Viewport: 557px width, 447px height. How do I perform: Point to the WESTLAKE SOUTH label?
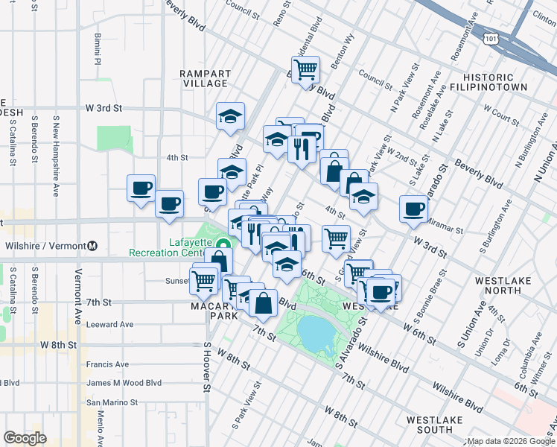tap(435, 425)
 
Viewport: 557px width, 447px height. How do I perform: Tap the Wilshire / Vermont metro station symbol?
tap(93, 246)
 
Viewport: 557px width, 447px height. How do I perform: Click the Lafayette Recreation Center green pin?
tap(223, 243)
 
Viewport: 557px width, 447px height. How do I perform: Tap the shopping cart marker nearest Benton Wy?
tap(305, 70)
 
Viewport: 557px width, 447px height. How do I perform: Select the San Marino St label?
tap(112, 402)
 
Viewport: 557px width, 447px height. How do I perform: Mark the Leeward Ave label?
tap(109, 325)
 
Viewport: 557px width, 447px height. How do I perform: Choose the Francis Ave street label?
tap(107, 364)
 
